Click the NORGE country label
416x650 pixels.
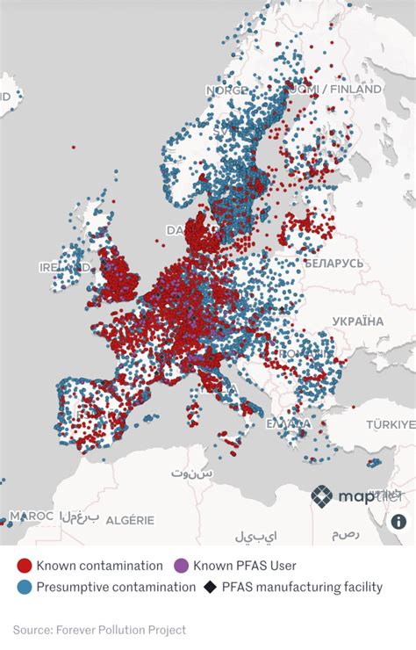click(227, 90)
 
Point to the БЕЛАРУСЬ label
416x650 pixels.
click(334, 263)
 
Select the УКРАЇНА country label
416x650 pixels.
click(355, 321)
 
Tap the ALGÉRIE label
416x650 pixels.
click(130, 521)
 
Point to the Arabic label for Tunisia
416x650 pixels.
click(191, 473)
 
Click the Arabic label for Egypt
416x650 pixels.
click(345, 534)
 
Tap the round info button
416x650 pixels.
click(398, 521)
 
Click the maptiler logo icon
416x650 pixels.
click(322, 496)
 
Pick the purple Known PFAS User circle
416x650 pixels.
click(182, 566)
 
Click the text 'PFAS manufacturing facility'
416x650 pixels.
click(302, 587)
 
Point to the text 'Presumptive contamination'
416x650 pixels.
click(116, 587)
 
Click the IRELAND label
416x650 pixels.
click(63, 266)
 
